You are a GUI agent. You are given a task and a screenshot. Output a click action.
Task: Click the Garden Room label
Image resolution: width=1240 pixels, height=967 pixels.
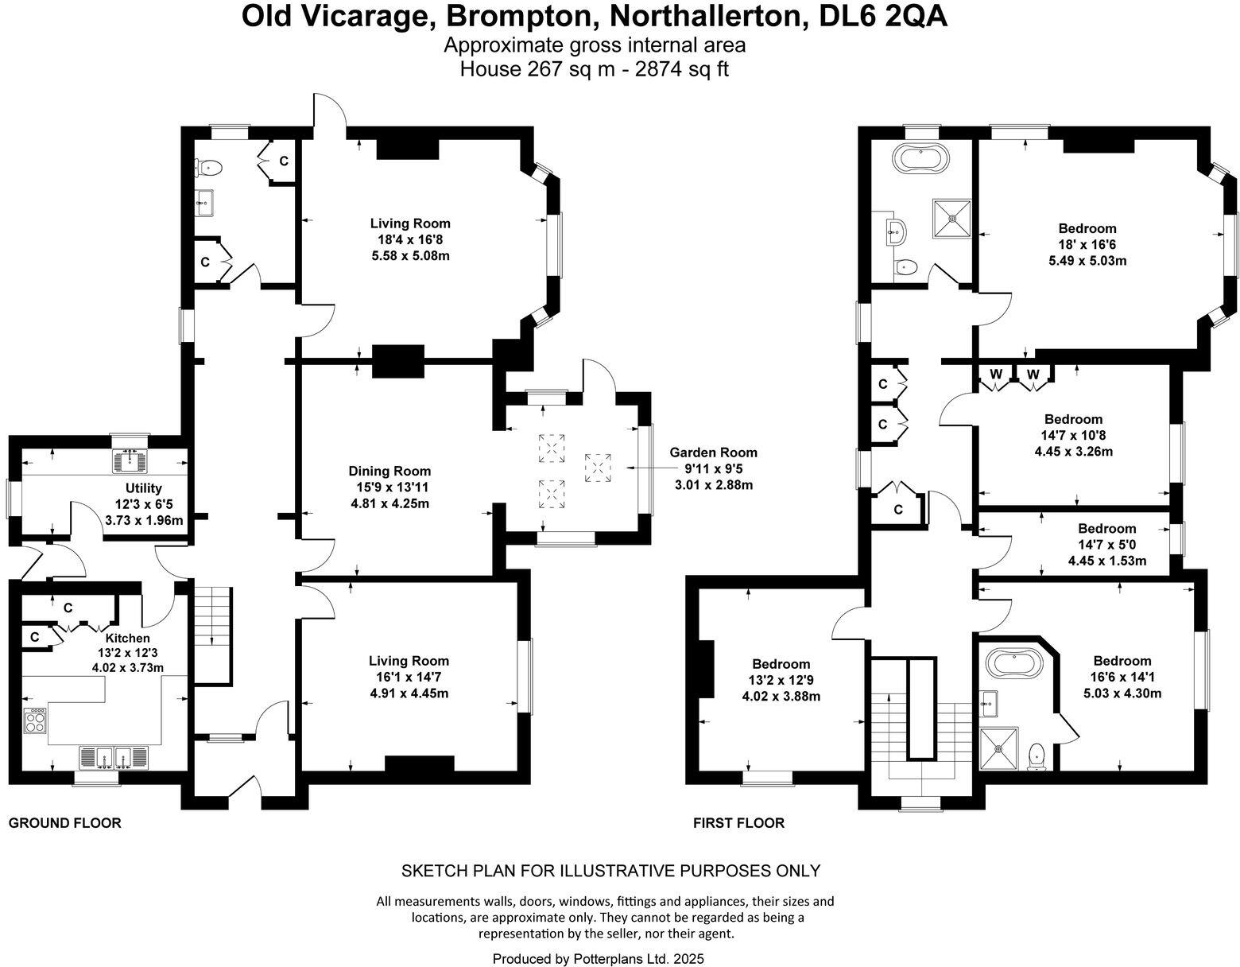click(712, 452)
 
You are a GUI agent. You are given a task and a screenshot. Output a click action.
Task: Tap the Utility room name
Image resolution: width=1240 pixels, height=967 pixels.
click(143, 487)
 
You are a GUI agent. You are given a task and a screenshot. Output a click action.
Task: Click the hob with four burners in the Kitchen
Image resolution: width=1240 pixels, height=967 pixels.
click(36, 720)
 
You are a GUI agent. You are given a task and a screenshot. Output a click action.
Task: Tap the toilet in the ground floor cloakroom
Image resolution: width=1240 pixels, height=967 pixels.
click(210, 168)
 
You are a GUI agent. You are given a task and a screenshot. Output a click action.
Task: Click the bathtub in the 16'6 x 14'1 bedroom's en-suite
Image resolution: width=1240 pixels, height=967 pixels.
click(1013, 662)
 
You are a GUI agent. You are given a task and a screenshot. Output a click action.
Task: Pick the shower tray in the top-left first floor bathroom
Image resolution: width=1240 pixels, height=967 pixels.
click(951, 216)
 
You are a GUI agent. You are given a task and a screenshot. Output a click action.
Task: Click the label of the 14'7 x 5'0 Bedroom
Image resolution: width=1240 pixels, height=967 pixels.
click(1106, 528)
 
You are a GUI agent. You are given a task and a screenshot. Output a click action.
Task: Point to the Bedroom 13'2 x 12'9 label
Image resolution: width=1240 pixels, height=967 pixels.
click(781, 664)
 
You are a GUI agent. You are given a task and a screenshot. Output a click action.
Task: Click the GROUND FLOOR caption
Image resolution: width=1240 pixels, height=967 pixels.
click(65, 823)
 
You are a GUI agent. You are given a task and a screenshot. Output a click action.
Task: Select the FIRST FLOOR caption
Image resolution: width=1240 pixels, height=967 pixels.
click(738, 823)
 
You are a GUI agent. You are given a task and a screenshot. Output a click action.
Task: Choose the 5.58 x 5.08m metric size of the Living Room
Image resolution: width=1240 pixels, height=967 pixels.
click(410, 255)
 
